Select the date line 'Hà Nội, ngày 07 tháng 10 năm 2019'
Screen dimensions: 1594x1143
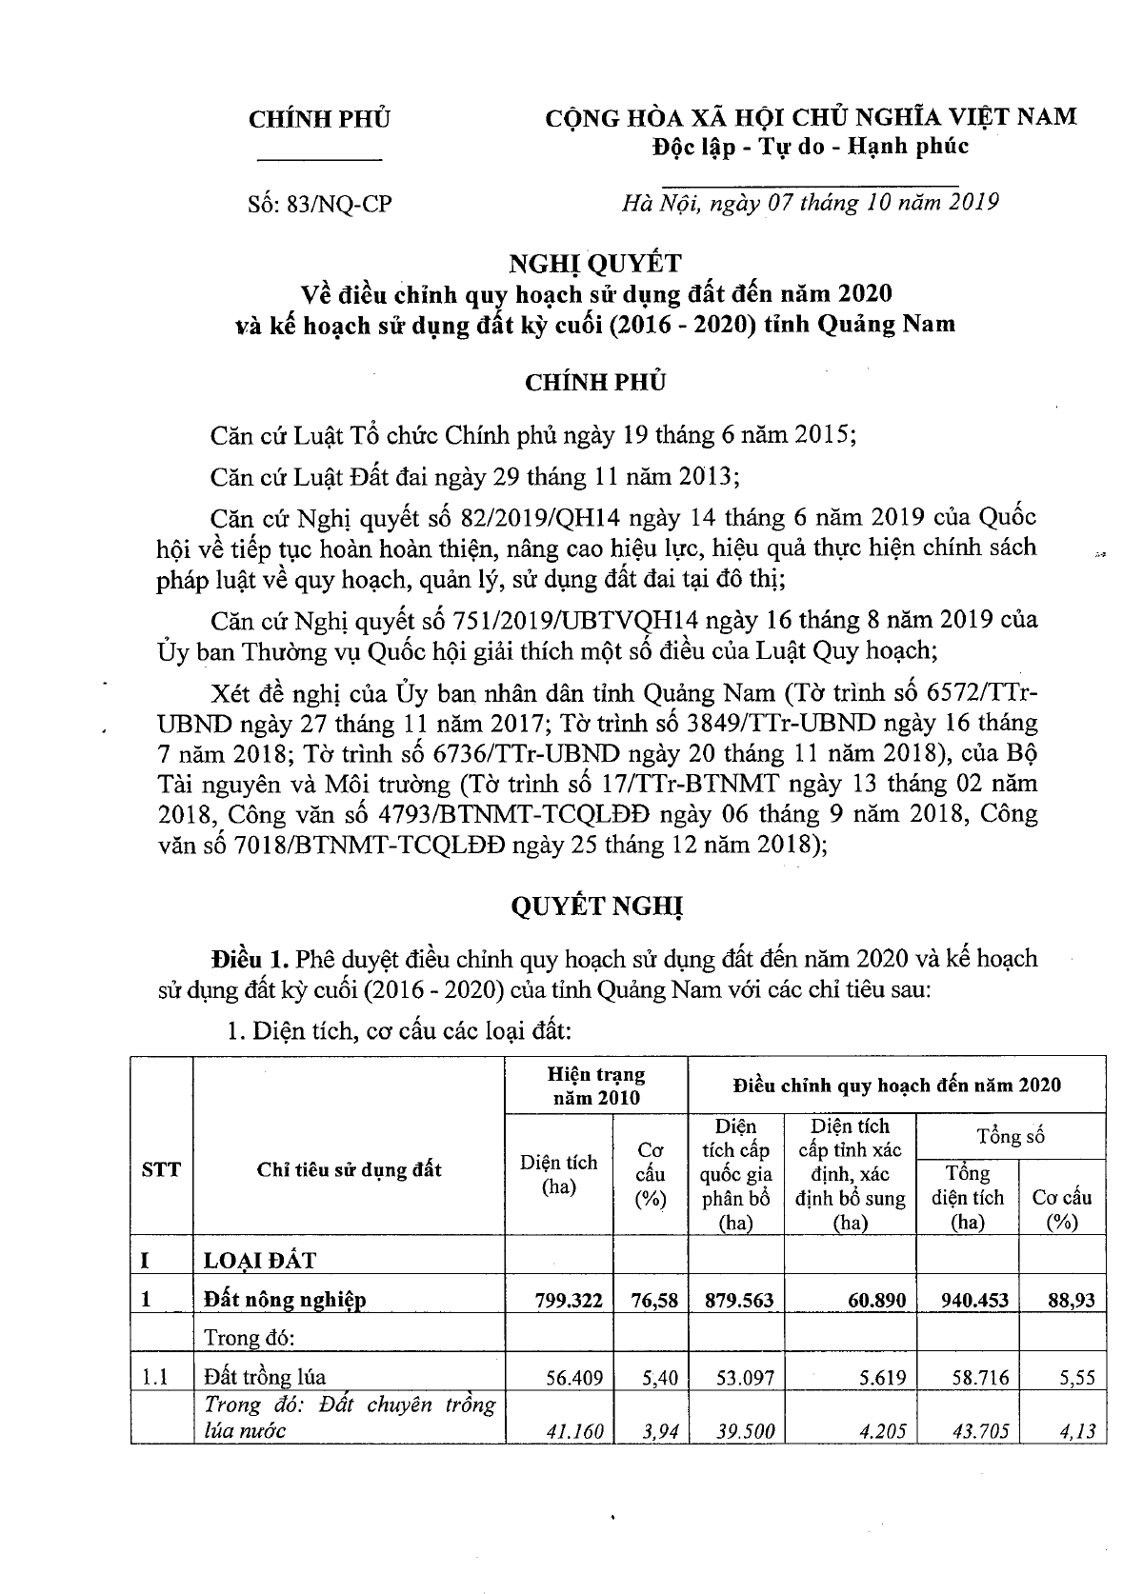pos(809,202)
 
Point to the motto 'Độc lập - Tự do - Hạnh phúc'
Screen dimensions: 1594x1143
pos(809,146)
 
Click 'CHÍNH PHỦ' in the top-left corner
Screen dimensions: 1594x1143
pos(319,119)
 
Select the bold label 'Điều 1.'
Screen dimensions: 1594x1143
pos(251,957)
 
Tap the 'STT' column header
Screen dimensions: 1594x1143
pos(160,1169)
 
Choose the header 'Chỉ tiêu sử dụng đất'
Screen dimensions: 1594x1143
pos(349,1169)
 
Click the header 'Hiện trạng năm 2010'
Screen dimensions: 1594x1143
pos(596,1086)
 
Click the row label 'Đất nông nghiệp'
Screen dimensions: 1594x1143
pos(285,1299)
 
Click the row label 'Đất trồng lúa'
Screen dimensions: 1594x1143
pos(264,1376)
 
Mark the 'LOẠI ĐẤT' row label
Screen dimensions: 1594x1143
pos(260,1260)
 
